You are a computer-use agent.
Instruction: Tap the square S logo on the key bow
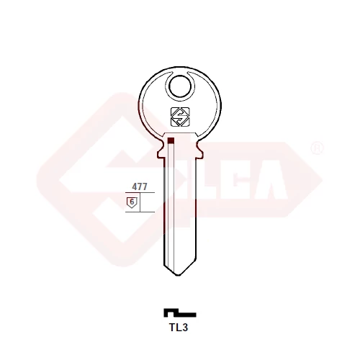point(180,117)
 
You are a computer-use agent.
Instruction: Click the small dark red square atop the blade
point(171,140)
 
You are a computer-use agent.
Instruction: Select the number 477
point(140,186)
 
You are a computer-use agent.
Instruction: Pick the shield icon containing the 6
point(132,202)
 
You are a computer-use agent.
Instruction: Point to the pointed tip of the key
point(178,275)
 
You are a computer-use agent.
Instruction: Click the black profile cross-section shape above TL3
point(180,312)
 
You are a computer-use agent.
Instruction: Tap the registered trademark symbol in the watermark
point(318,148)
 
